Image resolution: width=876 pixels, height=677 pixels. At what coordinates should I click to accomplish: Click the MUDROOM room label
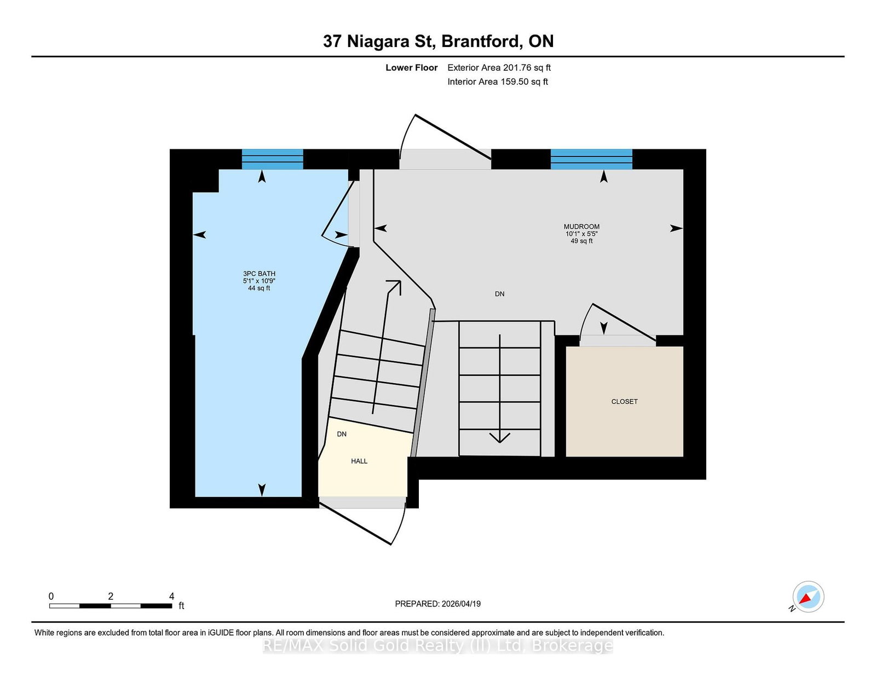[x=581, y=227]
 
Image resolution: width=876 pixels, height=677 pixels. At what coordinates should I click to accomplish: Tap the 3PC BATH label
[x=259, y=274]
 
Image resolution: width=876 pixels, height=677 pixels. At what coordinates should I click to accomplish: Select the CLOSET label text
[x=625, y=401]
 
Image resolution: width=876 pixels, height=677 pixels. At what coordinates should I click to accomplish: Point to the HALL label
[x=359, y=461]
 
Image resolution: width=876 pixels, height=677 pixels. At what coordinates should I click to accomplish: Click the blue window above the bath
[x=273, y=159]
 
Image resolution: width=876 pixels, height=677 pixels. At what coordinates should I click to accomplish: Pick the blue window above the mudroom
[x=591, y=159]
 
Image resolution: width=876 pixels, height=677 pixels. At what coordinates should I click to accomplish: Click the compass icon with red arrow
[x=808, y=597]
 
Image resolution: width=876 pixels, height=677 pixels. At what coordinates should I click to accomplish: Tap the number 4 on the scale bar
[x=172, y=596]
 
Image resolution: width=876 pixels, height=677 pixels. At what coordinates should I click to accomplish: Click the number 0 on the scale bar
[x=51, y=596]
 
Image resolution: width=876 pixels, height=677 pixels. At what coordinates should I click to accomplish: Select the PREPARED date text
[x=438, y=604]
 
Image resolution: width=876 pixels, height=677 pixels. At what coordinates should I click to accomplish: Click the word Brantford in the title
[x=480, y=41]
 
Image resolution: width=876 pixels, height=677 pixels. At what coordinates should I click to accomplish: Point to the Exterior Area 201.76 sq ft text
[x=499, y=68]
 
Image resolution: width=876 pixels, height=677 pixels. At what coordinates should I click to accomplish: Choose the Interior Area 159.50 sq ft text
[x=498, y=82]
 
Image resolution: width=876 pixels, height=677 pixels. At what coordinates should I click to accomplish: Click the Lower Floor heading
[x=412, y=68]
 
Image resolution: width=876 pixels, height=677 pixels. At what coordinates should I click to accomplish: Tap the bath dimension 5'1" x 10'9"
[x=259, y=281]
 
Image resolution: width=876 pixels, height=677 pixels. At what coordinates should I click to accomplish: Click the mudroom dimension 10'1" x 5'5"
[x=581, y=234]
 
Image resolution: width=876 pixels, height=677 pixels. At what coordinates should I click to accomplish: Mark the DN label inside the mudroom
[x=499, y=294]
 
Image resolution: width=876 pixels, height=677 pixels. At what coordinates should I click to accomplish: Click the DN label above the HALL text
[x=342, y=434]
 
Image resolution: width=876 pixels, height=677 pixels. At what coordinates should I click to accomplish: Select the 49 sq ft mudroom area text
[x=581, y=241]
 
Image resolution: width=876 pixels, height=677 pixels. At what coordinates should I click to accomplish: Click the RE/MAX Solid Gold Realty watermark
[x=438, y=646]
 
